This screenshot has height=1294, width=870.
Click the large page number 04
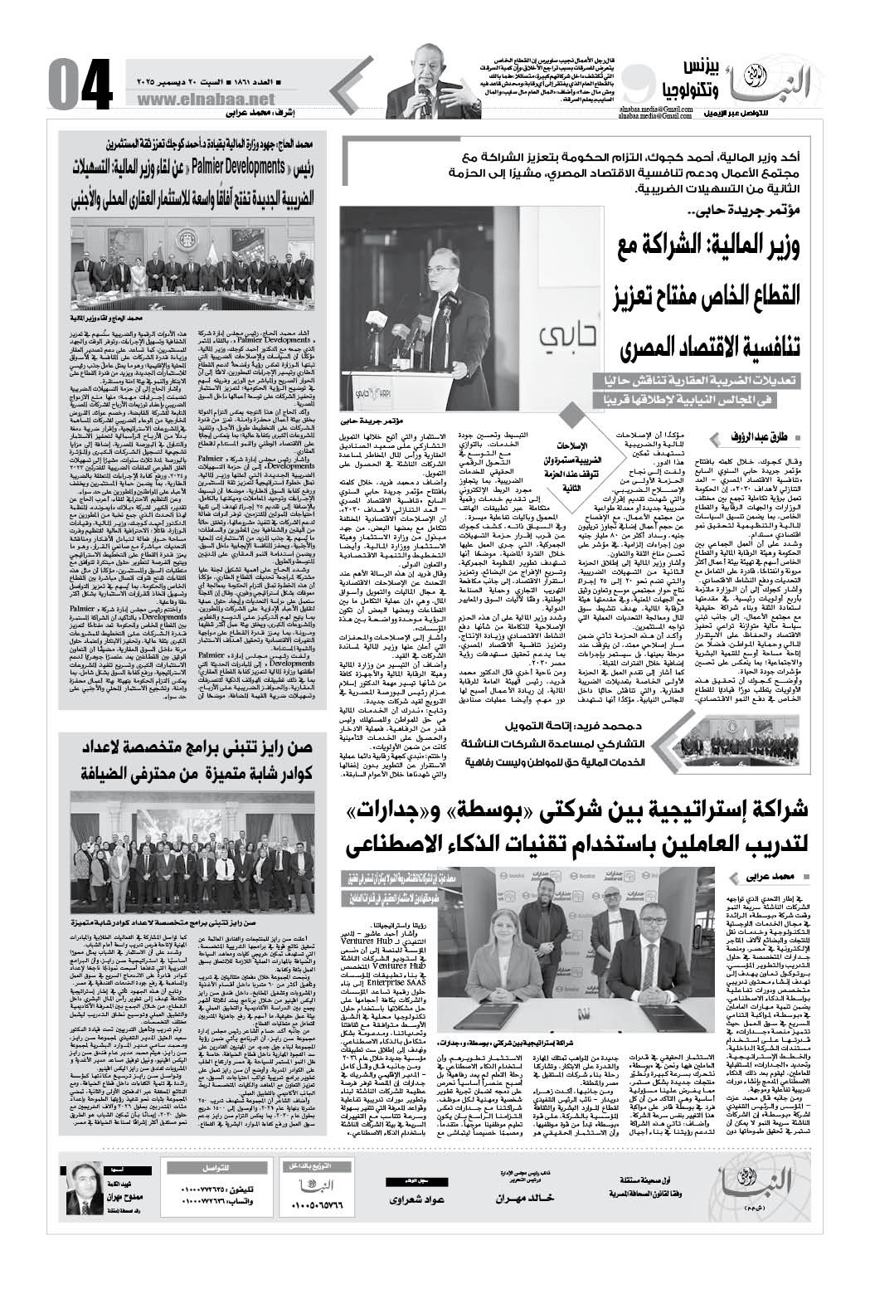pyautogui.click(x=79, y=85)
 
